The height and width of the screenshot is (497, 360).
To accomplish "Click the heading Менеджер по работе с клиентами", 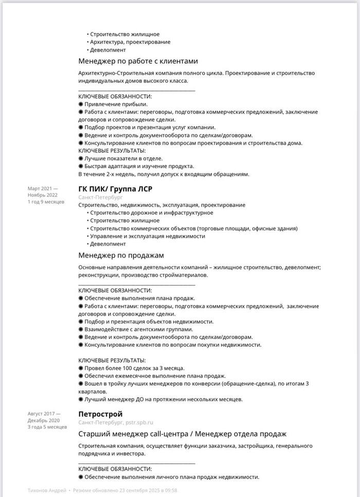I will pyautogui.click(x=138, y=61).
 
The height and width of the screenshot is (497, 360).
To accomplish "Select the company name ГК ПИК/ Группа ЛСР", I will pyautogui.click(x=115, y=188).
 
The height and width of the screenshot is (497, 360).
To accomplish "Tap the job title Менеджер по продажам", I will pyautogui.click(x=121, y=255).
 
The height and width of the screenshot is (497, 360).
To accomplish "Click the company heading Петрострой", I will pyautogui.click(x=100, y=414).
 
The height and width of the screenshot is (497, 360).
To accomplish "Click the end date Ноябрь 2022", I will pyautogui.click(x=43, y=195).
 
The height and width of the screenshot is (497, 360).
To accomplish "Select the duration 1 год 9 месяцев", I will pyautogui.click(x=46, y=202).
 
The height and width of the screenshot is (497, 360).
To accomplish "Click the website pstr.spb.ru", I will pyautogui.click(x=139, y=422).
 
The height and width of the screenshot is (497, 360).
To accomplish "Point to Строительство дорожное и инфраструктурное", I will pyautogui.click(x=151, y=213).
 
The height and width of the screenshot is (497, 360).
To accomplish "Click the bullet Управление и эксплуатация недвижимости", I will pyautogui.click(x=147, y=236).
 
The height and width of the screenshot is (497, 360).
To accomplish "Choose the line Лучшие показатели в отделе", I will pyautogui.click(x=123, y=158).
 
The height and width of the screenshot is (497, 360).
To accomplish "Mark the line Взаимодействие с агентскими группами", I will pyautogui.click(x=138, y=329).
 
